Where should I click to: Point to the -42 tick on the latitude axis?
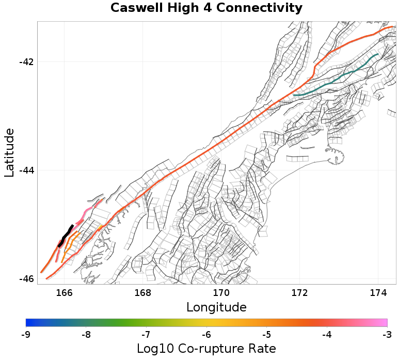26,62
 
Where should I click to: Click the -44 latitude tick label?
26,170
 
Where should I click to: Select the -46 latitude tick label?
26,279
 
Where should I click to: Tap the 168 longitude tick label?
142,293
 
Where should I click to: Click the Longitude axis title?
216,307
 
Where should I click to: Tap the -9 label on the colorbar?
26,335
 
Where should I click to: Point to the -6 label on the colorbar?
206,335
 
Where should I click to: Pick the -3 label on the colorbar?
387,335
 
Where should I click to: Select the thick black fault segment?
66,234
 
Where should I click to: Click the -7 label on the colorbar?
146,335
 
